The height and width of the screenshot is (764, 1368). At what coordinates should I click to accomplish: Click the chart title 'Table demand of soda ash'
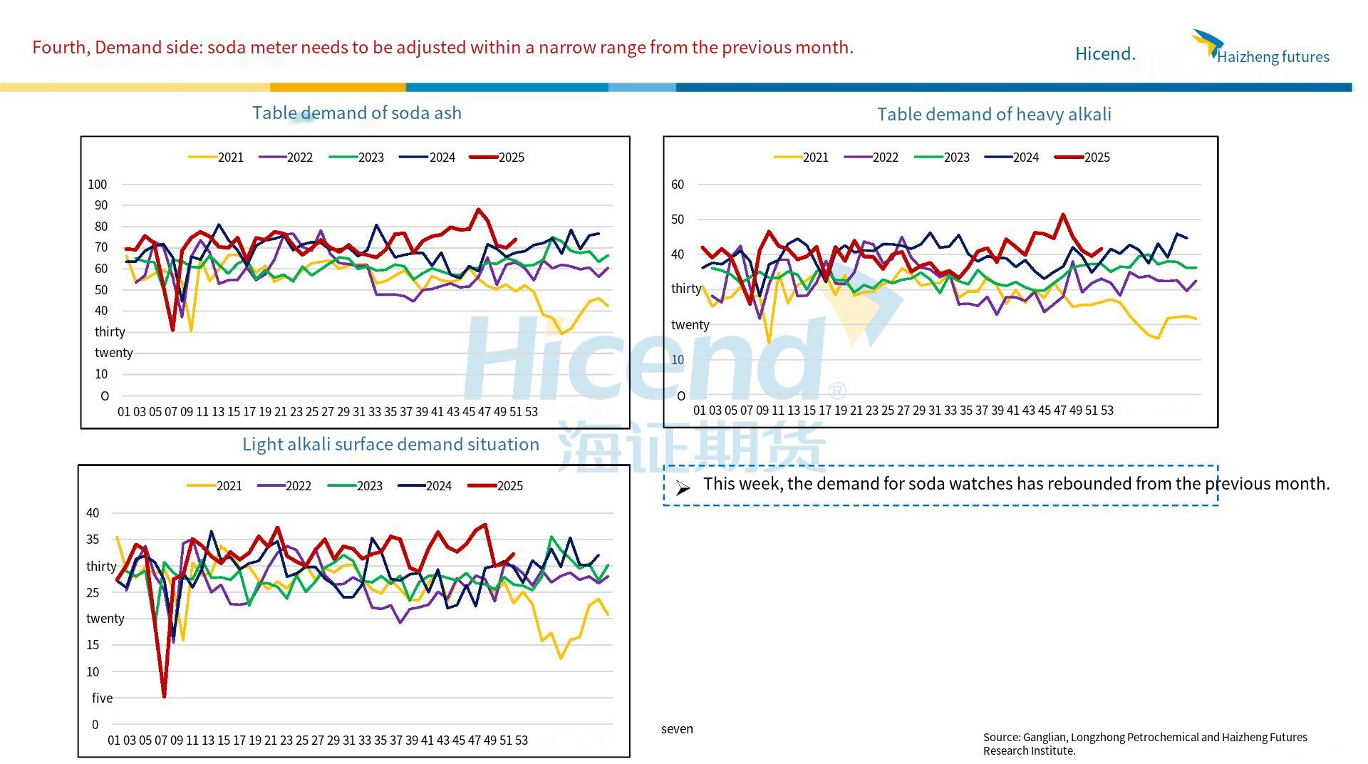click(356, 113)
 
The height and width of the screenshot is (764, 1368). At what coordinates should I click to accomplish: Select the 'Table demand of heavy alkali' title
click(993, 115)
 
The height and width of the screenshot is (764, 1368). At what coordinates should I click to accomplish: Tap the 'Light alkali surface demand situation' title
click(390, 445)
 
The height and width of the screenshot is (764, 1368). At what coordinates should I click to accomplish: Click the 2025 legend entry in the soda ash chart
click(497, 158)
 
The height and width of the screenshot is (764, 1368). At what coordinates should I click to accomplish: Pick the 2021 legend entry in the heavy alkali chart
click(802, 158)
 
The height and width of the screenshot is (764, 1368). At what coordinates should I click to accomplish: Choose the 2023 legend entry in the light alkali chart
click(356, 486)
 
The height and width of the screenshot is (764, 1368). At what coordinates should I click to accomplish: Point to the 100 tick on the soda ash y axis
click(98, 185)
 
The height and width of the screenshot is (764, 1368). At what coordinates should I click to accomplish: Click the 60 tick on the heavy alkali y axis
click(678, 185)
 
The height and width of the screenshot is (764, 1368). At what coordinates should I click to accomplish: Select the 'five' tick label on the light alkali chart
click(102, 698)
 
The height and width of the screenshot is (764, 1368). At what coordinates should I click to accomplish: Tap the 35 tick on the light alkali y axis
click(93, 540)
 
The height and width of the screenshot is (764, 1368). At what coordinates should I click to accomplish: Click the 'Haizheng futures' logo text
click(1273, 57)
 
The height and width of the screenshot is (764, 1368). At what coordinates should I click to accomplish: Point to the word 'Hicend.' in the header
click(1105, 54)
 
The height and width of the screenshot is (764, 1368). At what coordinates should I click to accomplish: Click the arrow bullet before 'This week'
click(683, 487)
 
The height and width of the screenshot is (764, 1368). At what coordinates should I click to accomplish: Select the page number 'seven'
click(677, 729)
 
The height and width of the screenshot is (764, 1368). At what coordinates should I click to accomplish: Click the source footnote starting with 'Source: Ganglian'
click(1144, 743)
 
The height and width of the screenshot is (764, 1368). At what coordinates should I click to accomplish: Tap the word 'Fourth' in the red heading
click(61, 48)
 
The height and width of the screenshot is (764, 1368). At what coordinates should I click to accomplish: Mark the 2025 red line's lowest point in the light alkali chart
click(165, 696)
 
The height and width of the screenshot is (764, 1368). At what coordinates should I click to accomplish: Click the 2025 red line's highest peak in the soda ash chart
click(478, 210)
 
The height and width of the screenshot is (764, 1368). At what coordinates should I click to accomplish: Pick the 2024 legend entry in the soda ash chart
click(427, 158)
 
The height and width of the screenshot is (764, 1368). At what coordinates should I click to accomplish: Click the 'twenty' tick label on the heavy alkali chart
click(690, 325)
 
